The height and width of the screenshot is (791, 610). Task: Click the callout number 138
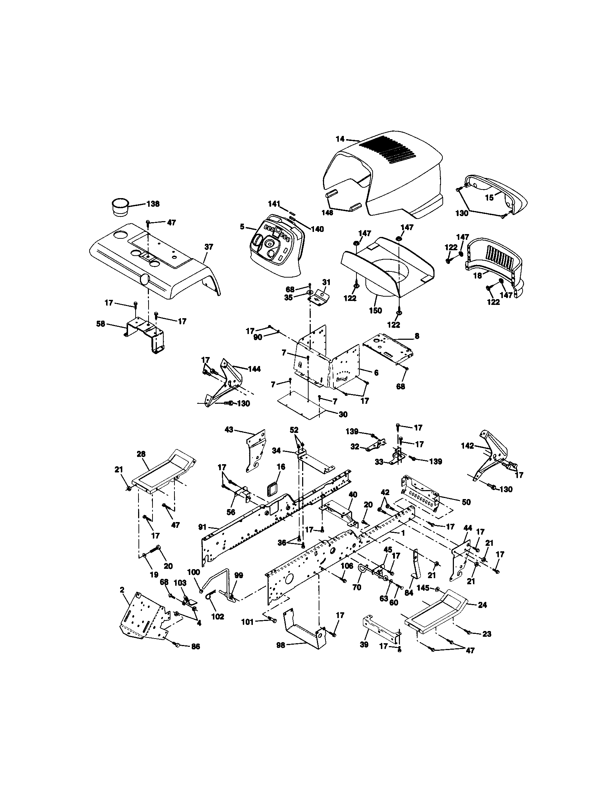[x=153, y=204]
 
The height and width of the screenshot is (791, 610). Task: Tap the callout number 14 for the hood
[x=340, y=138]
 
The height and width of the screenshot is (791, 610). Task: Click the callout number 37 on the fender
[x=209, y=247]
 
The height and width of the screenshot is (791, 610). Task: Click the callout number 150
[x=375, y=310]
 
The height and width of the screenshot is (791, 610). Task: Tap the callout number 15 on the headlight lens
[x=490, y=198]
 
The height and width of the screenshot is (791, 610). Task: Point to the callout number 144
[x=254, y=369]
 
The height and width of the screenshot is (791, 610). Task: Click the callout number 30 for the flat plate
[x=343, y=415]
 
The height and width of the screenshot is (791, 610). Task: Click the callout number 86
[x=195, y=646]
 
